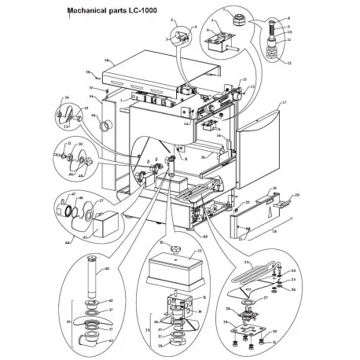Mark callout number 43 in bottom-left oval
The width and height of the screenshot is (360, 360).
click(110, 340)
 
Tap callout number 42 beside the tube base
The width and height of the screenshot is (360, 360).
click(111, 301)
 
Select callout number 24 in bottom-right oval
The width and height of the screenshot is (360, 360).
click(295, 271)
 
